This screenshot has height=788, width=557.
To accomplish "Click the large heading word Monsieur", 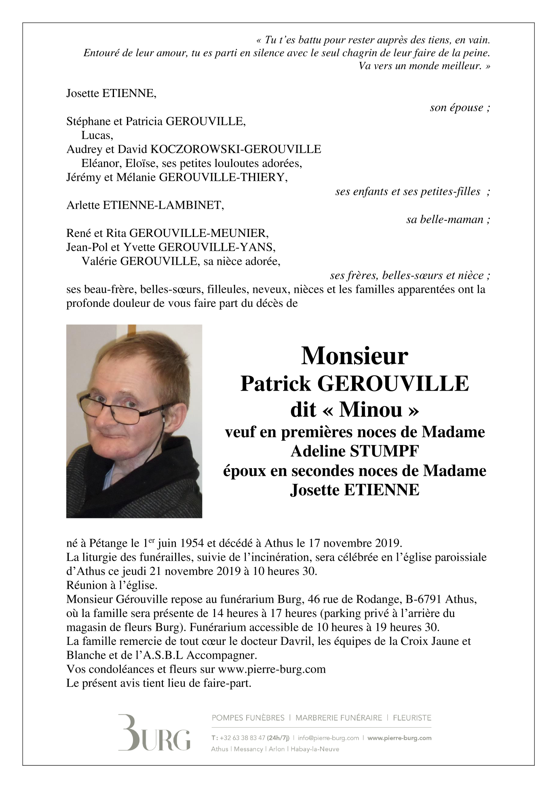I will click(354, 356).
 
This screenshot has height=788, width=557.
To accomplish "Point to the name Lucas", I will click(97, 135).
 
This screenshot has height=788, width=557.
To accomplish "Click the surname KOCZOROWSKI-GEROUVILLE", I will click(236, 149).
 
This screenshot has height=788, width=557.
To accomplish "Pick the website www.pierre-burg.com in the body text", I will click(272, 669).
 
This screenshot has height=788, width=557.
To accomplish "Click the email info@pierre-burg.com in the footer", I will click(328, 738).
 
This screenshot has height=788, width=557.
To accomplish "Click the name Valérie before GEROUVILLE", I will click(99, 261).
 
